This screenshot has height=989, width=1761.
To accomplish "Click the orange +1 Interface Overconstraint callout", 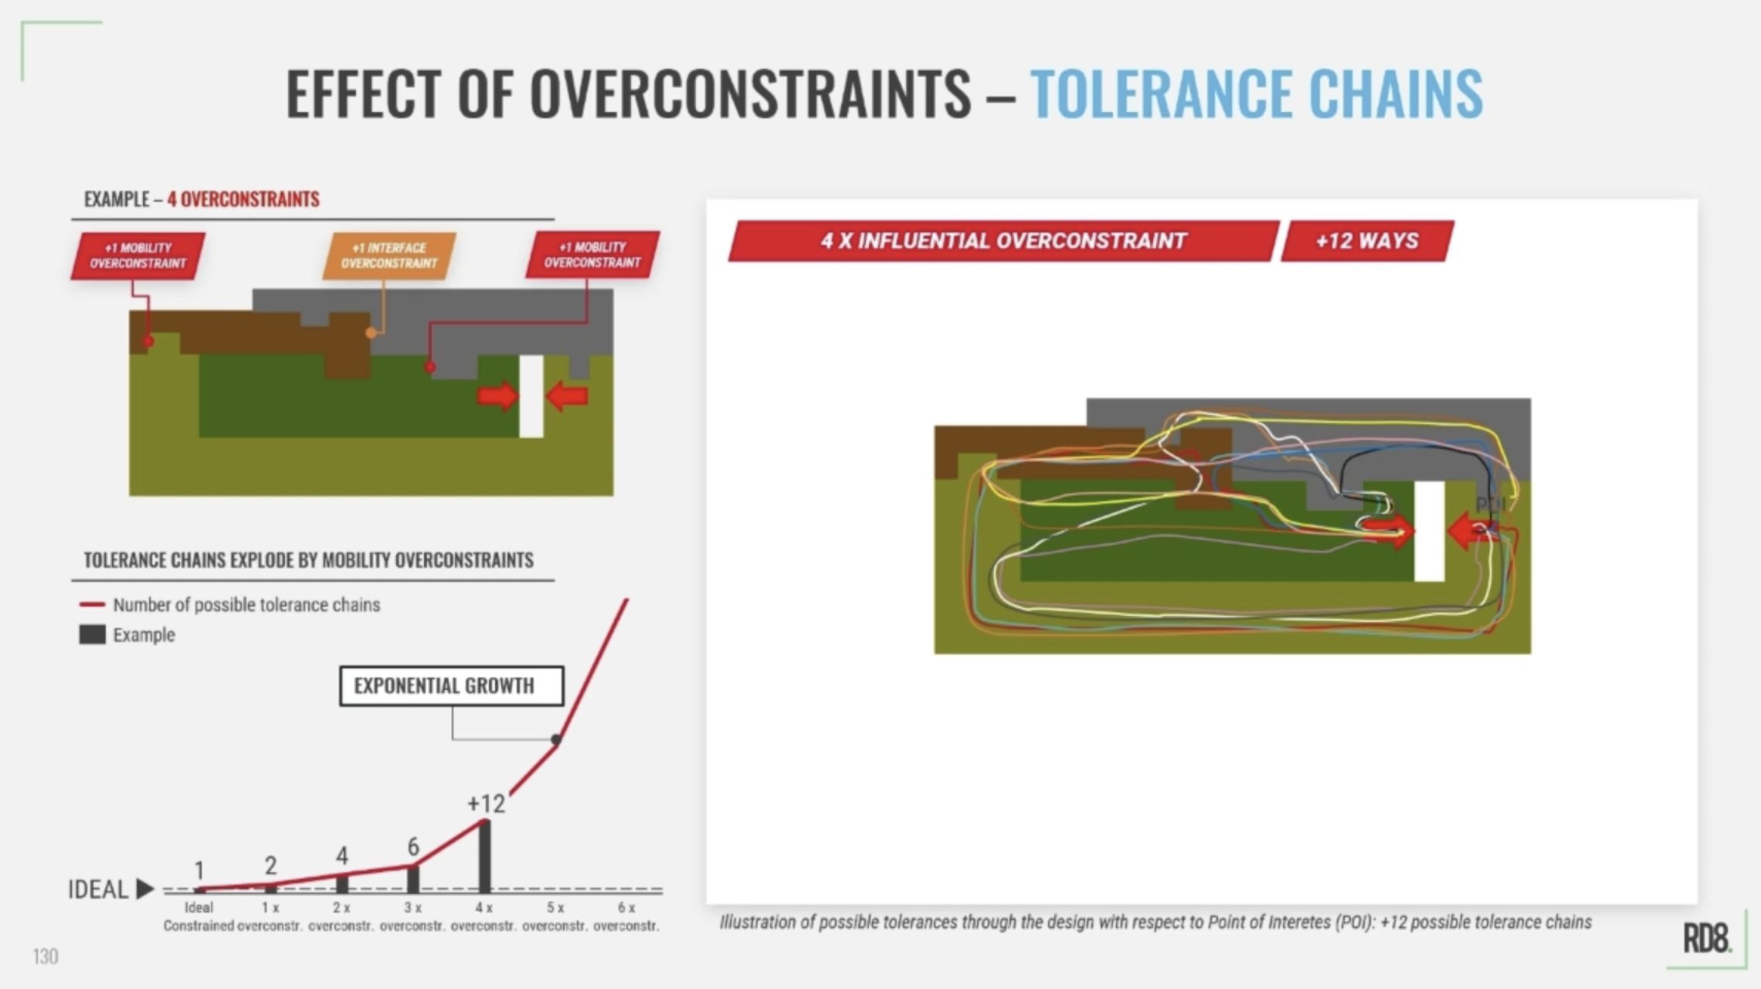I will pyautogui.click(x=389, y=256).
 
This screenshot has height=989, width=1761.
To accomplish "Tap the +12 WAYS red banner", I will pyautogui.click(x=1367, y=241).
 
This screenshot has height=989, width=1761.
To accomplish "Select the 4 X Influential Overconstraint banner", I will pyautogui.click(x=1003, y=241).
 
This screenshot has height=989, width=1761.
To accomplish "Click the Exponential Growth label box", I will pyautogui.click(x=451, y=686).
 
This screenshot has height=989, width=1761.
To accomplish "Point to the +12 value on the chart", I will pyautogui.click(x=486, y=804).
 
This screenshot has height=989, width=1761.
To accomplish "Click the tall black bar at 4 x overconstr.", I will pyautogui.click(x=484, y=856).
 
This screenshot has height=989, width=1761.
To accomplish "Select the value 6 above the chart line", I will pyautogui.click(x=413, y=847).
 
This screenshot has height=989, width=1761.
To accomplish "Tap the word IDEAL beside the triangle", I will pyautogui.click(x=97, y=889).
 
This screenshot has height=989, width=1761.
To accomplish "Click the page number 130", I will pyautogui.click(x=46, y=957).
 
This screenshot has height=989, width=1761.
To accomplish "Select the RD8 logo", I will pyautogui.click(x=1706, y=939).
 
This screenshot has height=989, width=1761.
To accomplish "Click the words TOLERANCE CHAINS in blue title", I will pyautogui.click(x=1256, y=93).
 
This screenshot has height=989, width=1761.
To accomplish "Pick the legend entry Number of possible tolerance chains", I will pyautogui.click(x=246, y=605).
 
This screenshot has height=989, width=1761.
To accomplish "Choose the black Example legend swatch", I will pyautogui.click(x=92, y=635).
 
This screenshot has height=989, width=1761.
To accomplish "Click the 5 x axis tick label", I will pyautogui.click(x=555, y=908).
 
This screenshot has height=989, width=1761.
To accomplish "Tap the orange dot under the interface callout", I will pyautogui.click(x=372, y=333).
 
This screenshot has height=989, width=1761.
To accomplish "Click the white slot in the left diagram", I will pyautogui.click(x=531, y=396).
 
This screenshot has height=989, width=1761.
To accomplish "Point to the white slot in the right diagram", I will pyautogui.click(x=1429, y=531).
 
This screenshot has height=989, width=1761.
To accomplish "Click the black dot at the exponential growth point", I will pyautogui.click(x=555, y=739).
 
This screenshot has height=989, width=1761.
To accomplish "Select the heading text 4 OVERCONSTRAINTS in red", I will pyautogui.click(x=243, y=199).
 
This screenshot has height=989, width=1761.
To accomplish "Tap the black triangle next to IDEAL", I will pyautogui.click(x=144, y=889).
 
